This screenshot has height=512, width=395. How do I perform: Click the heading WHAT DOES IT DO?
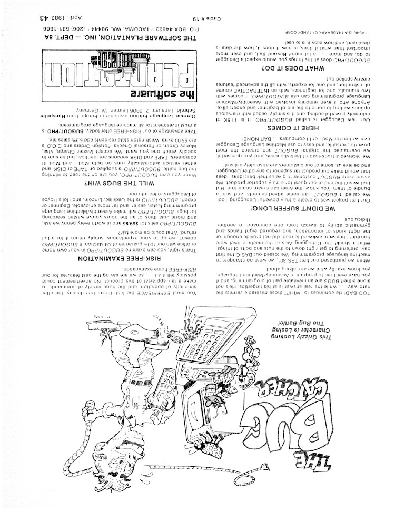[x=293, y=69]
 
